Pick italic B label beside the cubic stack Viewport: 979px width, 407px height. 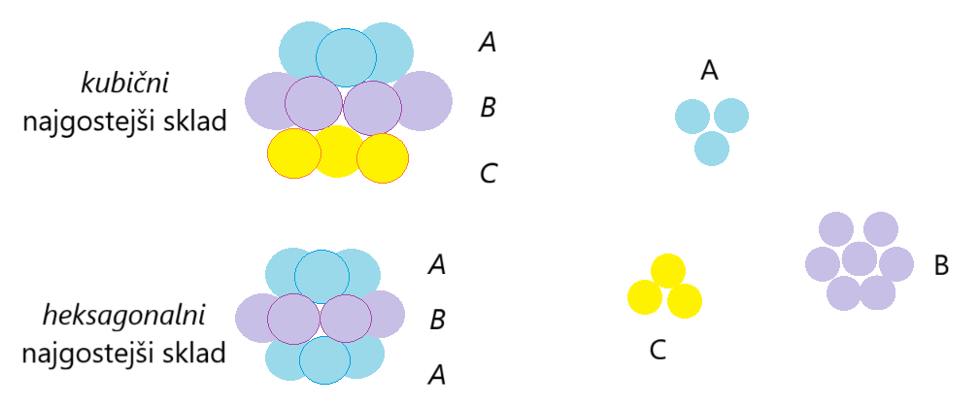click(x=489, y=107)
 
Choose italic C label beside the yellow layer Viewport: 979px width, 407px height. click(x=489, y=174)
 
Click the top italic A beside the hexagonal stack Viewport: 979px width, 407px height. click(x=437, y=264)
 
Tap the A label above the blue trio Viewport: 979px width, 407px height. click(x=709, y=70)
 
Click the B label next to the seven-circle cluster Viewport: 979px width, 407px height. click(x=940, y=265)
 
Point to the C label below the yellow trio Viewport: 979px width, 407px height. click(x=658, y=351)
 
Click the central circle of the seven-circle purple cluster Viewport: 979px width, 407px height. click(x=860, y=260)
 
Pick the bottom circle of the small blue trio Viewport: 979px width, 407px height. click(x=712, y=148)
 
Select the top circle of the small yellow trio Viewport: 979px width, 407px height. click(x=667, y=271)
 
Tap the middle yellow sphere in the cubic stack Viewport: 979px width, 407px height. click(x=338, y=152)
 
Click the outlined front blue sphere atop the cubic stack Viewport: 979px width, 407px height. click(x=346, y=57)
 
